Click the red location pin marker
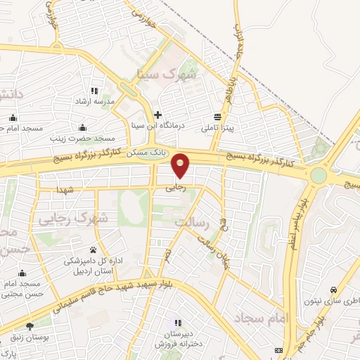pos(181,165)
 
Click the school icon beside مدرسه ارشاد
pos(94,91)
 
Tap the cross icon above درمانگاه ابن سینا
pos(157,115)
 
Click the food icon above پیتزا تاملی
pos(218,117)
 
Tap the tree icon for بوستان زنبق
pos(29,327)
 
